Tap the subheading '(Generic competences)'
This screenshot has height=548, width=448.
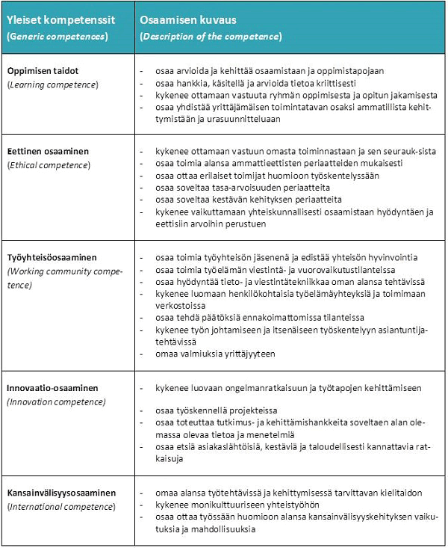coord(57,36)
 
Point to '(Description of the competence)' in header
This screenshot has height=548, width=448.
coord(211,36)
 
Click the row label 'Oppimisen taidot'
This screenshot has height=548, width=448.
coord(43,70)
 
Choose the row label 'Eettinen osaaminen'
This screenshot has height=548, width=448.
coord(48,151)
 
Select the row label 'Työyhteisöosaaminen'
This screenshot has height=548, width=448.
coord(52,257)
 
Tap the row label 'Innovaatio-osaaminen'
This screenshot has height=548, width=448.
coord(53,389)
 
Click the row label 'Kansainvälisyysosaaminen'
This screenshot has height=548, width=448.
coord(61,493)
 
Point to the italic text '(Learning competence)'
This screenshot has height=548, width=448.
coord(52,84)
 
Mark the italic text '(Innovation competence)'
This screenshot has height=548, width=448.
coord(57,402)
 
